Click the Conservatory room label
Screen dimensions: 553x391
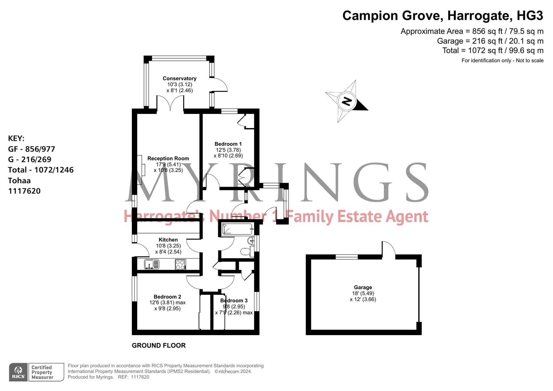[x=179, y=79]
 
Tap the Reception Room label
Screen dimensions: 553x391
[x=168, y=158]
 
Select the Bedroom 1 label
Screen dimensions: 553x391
[x=228, y=144]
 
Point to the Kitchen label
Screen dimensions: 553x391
[x=168, y=240]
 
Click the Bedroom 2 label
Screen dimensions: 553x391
[x=167, y=297]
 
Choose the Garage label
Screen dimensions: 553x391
[x=363, y=287]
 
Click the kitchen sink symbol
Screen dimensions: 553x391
[x=152, y=264]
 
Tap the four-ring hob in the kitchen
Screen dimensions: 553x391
[x=180, y=264]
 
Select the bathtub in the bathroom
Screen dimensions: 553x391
[x=238, y=229]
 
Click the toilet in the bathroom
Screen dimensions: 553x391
[x=247, y=251]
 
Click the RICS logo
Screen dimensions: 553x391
[x=18, y=372]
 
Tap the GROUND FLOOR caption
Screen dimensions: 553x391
[x=159, y=345]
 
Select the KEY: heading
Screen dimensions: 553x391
[x=16, y=138]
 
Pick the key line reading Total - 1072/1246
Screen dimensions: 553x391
[x=41, y=170]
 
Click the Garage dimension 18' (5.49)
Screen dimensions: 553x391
[x=363, y=293]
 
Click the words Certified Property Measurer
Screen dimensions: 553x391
[x=42, y=372]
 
